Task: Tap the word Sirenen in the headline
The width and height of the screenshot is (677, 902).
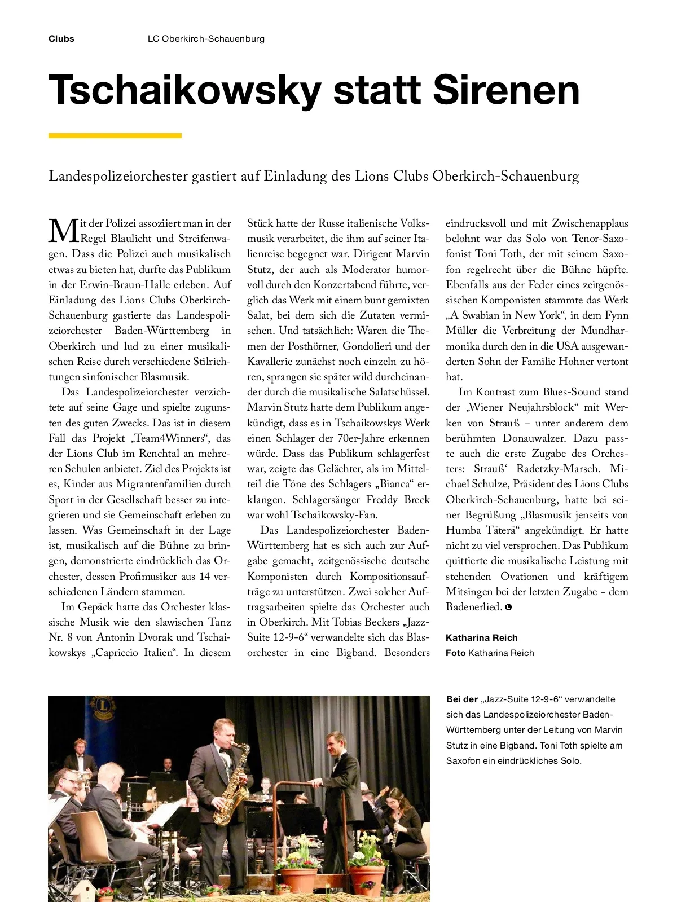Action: tap(507, 90)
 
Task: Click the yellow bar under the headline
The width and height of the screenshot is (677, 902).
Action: tap(115, 135)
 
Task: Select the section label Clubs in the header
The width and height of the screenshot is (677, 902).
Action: tap(61, 39)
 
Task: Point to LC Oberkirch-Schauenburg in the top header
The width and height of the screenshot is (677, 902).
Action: tap(206, 39)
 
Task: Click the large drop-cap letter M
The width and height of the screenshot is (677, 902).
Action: tap(63, 231)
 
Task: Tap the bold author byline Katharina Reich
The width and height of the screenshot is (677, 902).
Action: tap(481, 637)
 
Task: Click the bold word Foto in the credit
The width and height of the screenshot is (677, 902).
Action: tap(455, 653)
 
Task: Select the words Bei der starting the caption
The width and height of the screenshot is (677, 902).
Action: tap(461, 699)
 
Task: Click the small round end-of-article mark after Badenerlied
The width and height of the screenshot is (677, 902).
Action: tap(508, 608)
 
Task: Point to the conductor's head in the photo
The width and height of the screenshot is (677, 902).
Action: tap(336, 742)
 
